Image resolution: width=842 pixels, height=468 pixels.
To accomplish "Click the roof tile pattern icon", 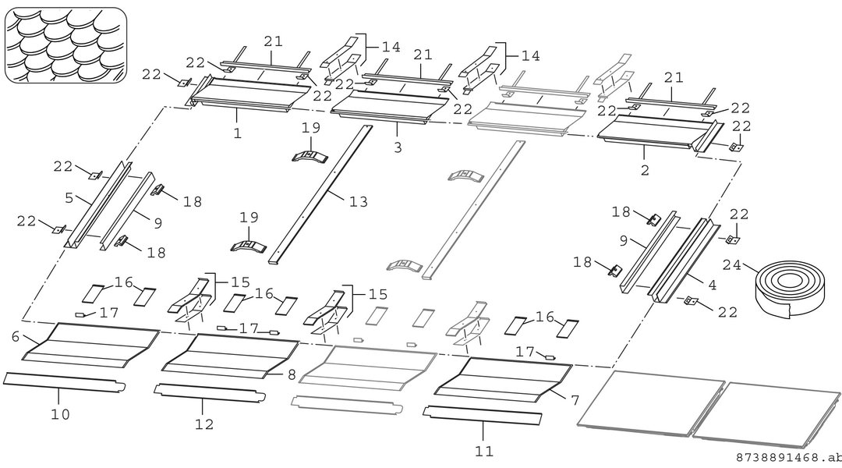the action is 66,45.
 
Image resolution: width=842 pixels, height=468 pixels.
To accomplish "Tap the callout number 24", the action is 732,264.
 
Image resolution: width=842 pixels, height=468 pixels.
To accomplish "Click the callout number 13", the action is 358,201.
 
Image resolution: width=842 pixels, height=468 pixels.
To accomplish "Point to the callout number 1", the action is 238,133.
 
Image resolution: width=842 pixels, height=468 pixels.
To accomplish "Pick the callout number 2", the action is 645,170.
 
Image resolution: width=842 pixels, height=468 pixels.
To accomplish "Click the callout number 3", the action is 398,147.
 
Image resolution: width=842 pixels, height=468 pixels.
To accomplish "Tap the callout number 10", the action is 60,414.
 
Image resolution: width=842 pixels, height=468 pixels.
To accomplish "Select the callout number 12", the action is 204,424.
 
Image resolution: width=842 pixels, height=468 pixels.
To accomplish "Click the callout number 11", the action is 484,451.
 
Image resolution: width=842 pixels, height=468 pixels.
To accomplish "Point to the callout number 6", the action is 15,336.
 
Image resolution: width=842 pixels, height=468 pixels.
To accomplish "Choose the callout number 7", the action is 575,400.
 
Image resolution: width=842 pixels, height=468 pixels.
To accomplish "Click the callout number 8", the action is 292,374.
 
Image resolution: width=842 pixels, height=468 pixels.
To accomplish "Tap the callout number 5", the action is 69,198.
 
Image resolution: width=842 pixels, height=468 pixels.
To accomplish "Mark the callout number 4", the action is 712,285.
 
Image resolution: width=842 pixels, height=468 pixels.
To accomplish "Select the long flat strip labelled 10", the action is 65,381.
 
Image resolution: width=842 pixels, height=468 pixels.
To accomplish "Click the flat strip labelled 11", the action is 483,415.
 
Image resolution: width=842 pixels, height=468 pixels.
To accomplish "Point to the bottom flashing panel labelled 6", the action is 90,346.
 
